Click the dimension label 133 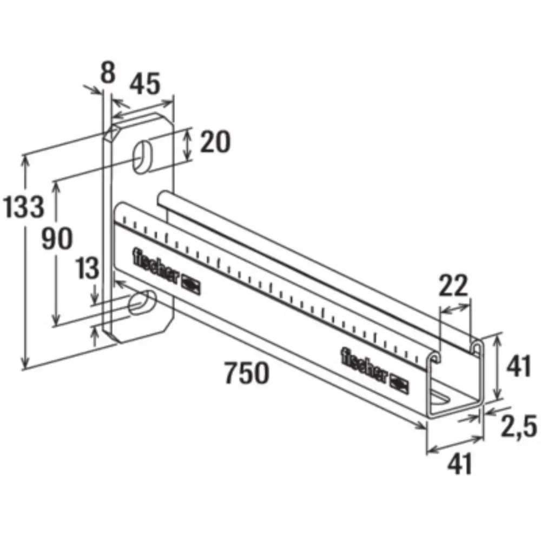[23, 207]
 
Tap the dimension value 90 [57, 239]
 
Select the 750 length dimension [246, 373]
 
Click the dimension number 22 [453, 287]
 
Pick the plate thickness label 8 [108, 72]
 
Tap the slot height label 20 [215, 142]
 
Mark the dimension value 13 [86, 268]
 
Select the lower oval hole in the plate [142, 301]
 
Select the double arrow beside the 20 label [187, 143]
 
